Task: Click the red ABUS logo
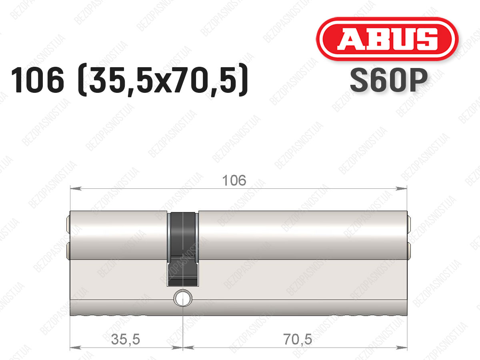coord(387,39)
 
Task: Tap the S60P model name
coord(388,80)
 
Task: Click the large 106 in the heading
coord(38,80)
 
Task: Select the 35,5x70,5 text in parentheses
coord(163,80)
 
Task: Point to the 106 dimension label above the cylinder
coord(234,180)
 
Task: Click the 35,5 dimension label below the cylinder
coord(125,340)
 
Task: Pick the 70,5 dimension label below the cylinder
coord(298,340)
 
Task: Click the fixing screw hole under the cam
coord(183,298)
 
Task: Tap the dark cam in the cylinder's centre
coord(183,249)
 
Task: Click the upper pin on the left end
coord(68,224)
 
